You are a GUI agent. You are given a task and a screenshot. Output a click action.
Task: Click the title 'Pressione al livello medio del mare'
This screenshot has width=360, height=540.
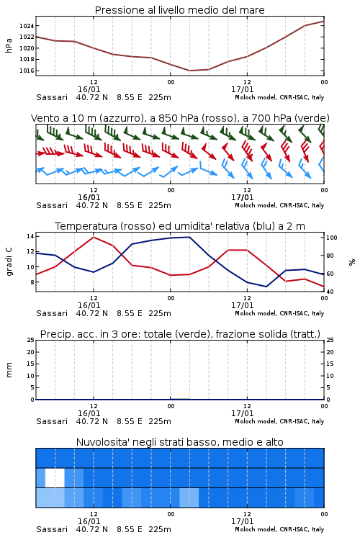[x=179, y=10]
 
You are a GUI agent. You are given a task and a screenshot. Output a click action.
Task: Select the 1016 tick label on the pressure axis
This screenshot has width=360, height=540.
[x=27, y=71]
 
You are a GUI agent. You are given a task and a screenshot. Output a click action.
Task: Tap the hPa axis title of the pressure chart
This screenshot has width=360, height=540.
[x=9, y=45]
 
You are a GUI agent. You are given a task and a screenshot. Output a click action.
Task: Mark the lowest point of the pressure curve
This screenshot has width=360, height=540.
[x=190, y=71]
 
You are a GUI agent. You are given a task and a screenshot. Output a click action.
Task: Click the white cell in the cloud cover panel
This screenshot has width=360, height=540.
[x=55, y=477]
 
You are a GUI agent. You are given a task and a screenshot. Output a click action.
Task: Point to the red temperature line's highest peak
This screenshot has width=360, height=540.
[x=94, y=238]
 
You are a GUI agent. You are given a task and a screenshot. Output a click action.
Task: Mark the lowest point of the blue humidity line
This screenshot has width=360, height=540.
[x=266, y=287]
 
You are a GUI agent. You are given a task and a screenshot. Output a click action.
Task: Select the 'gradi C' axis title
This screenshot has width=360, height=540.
[x=9, y=262]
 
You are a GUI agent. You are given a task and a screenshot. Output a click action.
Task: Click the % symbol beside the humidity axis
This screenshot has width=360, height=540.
[x=352, y=262]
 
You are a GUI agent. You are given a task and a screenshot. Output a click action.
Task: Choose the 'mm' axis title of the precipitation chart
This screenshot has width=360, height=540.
[x=9, y=370]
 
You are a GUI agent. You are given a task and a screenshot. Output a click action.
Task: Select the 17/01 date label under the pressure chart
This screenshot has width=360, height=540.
[x=242, y=89]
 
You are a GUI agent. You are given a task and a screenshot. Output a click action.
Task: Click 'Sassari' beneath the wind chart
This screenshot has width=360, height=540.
[x=52, y=205]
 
